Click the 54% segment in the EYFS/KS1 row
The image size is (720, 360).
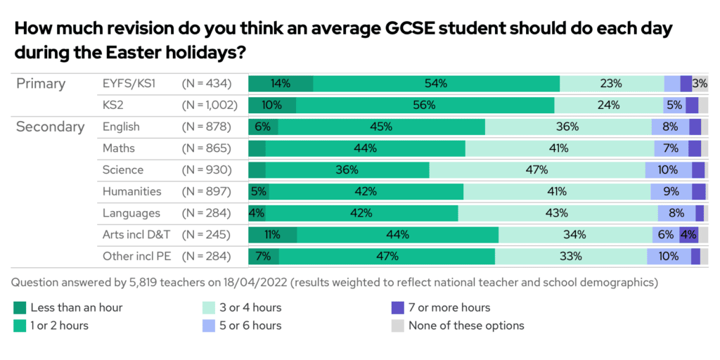436,84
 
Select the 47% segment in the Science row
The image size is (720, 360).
537,170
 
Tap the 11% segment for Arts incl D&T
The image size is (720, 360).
272,235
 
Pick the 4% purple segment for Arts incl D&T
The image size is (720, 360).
688,235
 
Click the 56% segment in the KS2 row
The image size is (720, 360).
425,105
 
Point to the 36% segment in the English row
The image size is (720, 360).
567,127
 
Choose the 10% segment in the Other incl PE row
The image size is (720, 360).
668,257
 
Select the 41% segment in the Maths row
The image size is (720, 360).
559,148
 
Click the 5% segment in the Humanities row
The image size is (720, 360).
259,191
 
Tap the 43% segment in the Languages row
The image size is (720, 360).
557,213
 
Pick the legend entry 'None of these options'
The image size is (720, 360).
458,326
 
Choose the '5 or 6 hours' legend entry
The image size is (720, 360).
243,326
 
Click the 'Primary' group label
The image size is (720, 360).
41,84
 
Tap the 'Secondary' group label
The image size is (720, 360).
50,127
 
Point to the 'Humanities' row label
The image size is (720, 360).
131,191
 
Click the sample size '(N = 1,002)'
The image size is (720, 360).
210,105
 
